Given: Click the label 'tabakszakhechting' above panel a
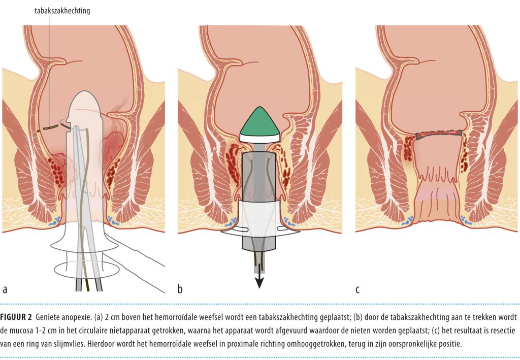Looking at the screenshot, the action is [62, 11].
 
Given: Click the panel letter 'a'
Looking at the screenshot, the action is [5, 289].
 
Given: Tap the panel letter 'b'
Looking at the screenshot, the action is [180, 289].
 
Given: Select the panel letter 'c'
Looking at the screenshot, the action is [357, 289].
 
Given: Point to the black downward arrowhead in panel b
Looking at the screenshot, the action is [259, 282].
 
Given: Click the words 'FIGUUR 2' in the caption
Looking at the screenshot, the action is [16, 317].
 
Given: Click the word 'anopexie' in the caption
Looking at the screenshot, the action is [77, 317].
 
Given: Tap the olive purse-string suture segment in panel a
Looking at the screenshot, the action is [50, 127].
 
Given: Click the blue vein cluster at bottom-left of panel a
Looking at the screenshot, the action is [55, 221].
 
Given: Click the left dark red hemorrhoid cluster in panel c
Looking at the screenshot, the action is [409, 148].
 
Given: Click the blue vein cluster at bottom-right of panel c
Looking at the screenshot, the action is [466, 219].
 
